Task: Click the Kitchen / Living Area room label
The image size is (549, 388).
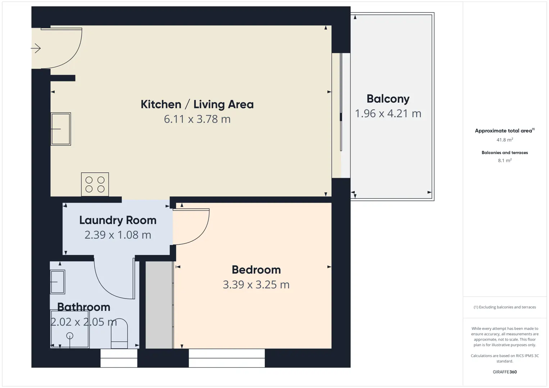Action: (197, 105)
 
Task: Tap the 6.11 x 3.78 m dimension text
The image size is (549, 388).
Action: (197, 119)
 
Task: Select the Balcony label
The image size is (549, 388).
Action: (388, 99)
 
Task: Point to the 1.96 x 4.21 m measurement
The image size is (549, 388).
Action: (388, 114)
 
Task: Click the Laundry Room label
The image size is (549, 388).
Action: (118, 220)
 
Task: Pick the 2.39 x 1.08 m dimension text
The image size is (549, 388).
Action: (118, 235)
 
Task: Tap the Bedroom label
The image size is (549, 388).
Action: (256, 270)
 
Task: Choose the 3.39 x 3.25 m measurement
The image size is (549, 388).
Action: (256, 285)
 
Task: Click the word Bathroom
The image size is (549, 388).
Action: (83, 307)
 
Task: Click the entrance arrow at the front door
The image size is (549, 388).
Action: (36, 48)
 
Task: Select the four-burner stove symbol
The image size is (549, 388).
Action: (95, 184)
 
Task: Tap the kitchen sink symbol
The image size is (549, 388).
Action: (61, 129)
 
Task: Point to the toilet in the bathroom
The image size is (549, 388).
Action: (119, 333)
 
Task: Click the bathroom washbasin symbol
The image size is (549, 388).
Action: (58, 282)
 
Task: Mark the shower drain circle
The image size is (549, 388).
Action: (69, 336)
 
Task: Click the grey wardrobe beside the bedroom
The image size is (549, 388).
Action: (159, 305)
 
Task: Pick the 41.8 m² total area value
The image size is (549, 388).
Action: (505, 140)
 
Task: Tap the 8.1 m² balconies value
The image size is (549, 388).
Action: (505, 160)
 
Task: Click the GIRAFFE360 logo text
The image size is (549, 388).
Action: (505, 372)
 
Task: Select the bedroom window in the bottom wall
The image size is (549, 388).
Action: (227, 358)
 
